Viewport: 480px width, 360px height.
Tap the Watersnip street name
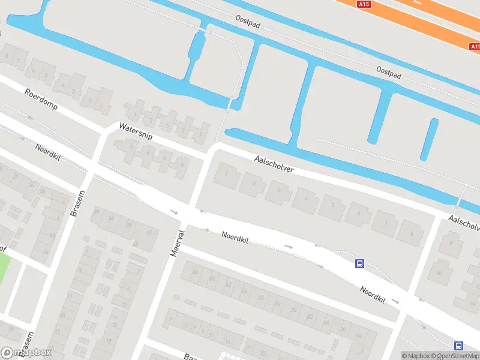point(136,131)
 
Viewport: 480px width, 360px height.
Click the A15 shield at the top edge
point(364,4)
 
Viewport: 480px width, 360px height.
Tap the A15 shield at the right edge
point(475,46)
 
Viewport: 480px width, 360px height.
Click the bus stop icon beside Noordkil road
point(360,263)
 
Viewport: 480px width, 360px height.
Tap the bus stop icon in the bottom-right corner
point(458,346)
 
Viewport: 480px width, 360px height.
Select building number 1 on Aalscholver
point(226,174)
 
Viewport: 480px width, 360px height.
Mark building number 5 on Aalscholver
point(330,206)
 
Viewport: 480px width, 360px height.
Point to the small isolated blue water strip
point(429,139)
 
